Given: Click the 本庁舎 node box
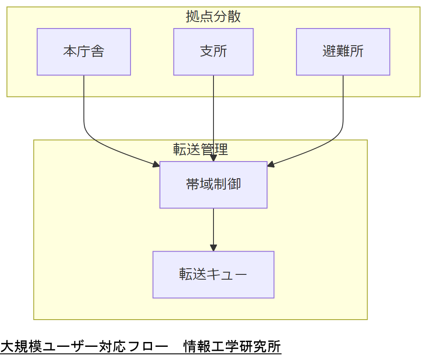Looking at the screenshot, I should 83,52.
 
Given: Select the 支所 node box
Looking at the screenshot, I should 213,52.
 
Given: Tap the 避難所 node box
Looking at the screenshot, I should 343,52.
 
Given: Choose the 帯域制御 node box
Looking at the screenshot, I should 213,184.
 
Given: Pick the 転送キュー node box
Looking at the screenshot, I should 213,274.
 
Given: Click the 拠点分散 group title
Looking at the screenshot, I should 213,17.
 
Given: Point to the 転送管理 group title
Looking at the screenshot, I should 200,149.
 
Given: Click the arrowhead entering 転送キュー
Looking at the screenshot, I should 213,248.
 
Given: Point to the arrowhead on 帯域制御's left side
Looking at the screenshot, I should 156,165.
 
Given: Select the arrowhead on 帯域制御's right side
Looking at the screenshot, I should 271,165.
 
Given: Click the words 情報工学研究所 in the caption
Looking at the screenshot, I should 232,346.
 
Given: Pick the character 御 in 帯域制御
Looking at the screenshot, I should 234,184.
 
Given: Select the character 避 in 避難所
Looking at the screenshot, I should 329,52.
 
